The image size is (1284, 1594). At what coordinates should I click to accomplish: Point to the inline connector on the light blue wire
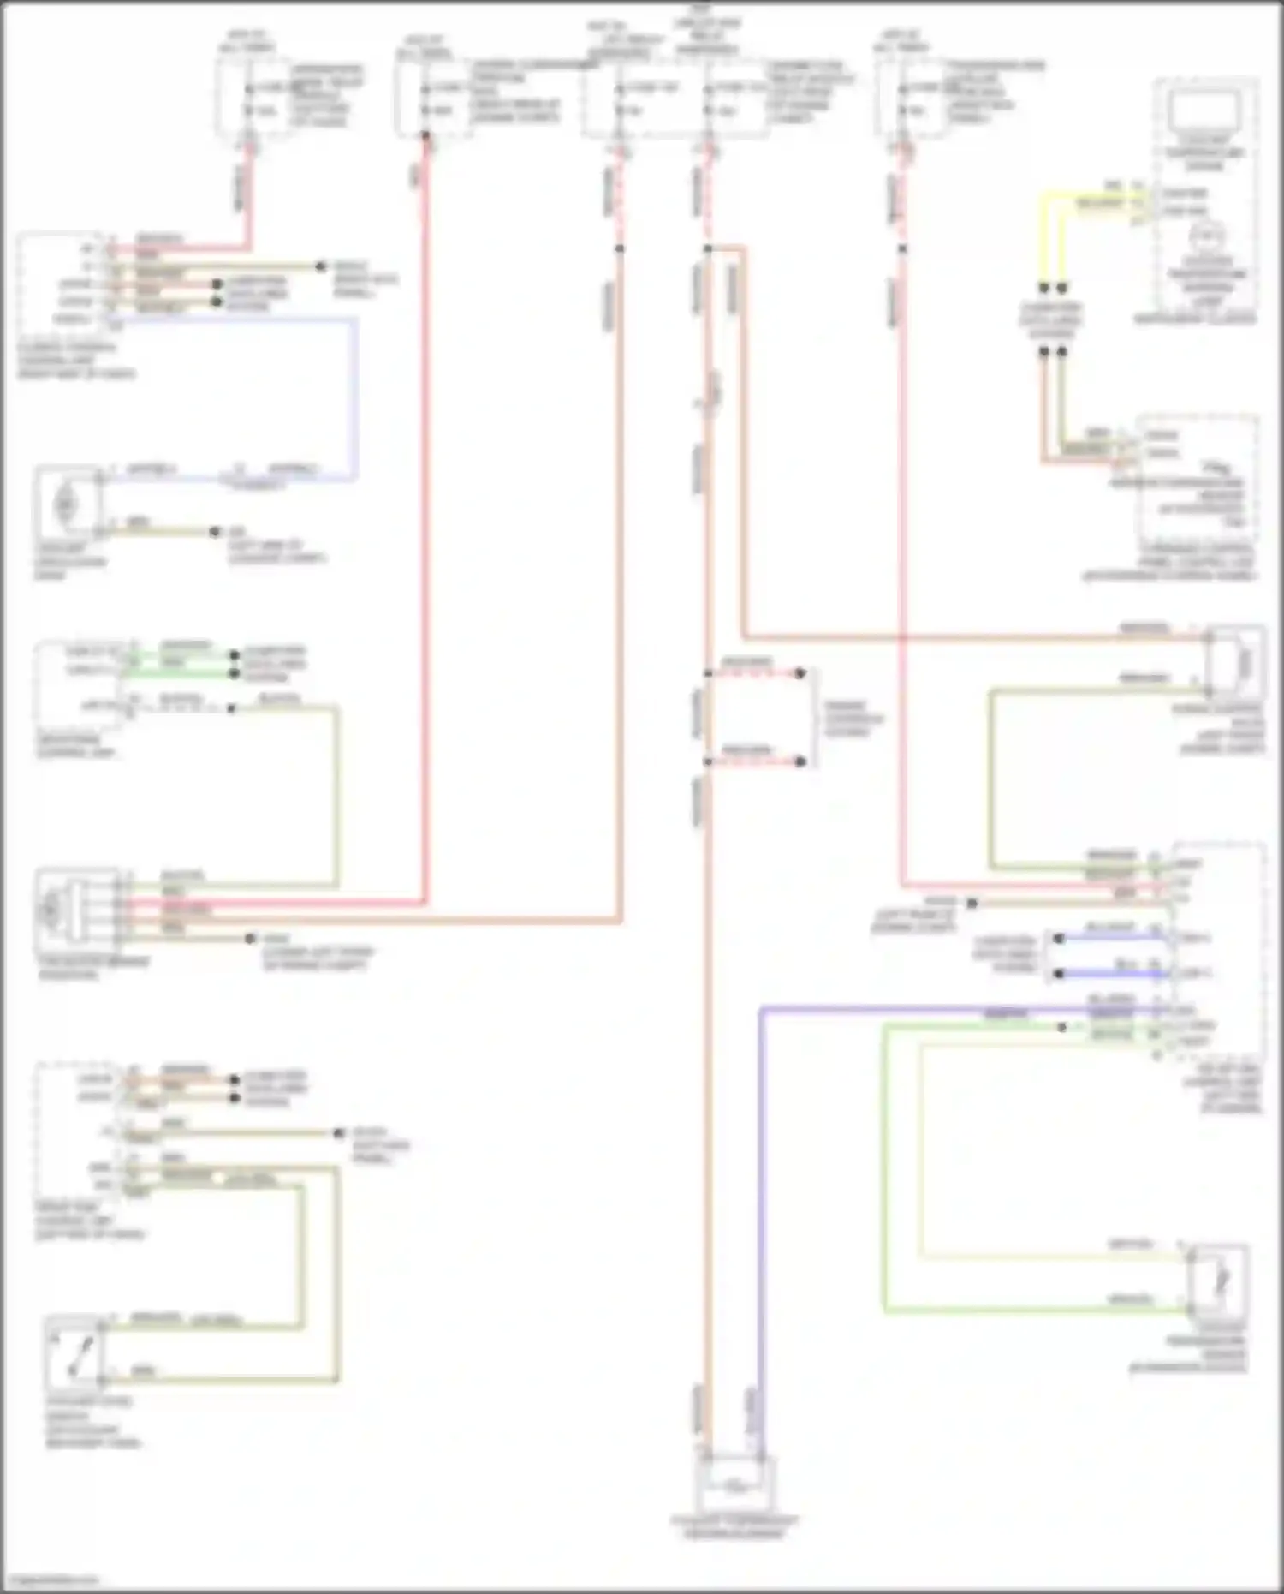(x=255, y=481)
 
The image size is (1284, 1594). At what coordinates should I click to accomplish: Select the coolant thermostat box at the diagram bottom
(x=735, y=1487)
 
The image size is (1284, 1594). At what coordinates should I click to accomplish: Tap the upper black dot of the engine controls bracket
(x=800, y=673)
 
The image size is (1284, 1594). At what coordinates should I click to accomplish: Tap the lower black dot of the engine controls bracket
(x=800, y=761)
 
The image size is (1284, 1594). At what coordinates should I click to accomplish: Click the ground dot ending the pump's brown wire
(x=216, y=532)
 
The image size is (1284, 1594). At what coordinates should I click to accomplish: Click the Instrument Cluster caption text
(x=1195, y=319)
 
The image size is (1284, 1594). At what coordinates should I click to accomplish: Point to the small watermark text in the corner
(x=50, y=1580)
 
